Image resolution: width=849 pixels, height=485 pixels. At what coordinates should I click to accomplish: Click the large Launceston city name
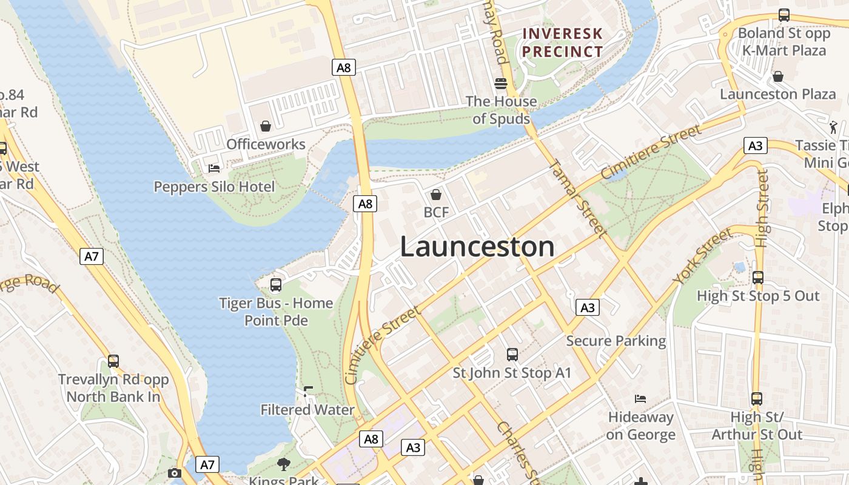pyautogui.click(x=477, y=247)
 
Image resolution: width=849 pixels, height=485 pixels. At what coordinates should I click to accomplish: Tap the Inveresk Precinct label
pyautogui.click(x=563, y=42)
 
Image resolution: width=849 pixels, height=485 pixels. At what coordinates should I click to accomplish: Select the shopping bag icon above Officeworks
pyautogui.click(x=266, y=126)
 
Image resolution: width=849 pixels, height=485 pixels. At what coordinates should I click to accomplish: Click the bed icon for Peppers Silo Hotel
pyautogui.click(x=213, y=168)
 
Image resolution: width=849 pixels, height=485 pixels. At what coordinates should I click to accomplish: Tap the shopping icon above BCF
pyautogui.click(x=435, y=195)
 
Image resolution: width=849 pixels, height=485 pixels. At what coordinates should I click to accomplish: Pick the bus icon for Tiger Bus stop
pyautogui.click(x=275, y=284)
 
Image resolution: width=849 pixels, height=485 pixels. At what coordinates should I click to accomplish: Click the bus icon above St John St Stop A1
pyautogui.click(x=512, y=354)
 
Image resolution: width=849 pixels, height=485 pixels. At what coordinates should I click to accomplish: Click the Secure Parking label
pyautogui.click(x=616, y=341)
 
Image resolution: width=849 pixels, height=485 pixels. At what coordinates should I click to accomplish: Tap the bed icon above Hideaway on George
pyautogui.click(x=640, y=399)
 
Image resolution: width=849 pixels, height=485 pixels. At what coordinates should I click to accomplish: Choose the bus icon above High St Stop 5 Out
pyautogui.click(x=757, y=278)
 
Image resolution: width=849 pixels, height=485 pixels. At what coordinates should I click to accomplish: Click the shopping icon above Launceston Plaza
pyautogui.click(x=777, y=76)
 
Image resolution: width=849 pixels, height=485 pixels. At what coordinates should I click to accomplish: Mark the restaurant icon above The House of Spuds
pyautogui.click(x=500, y=83)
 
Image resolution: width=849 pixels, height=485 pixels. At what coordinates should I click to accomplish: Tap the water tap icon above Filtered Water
pyautogui.click(x=308, y=392)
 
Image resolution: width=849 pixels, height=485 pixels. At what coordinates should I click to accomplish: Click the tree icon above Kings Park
pyautogui.click(x=283, y=464)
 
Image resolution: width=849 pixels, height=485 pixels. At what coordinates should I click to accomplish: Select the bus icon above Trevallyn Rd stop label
pyautogui.click(x=113, y=361)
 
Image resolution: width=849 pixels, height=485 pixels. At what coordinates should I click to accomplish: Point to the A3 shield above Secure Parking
pyautogui.click(x=587, y=307)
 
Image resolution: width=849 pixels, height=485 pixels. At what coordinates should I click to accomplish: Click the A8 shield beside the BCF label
pyautogui.click(x=365, y=204)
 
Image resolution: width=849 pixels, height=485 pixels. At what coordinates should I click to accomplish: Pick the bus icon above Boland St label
pyautogui.click(x=784, y=15)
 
